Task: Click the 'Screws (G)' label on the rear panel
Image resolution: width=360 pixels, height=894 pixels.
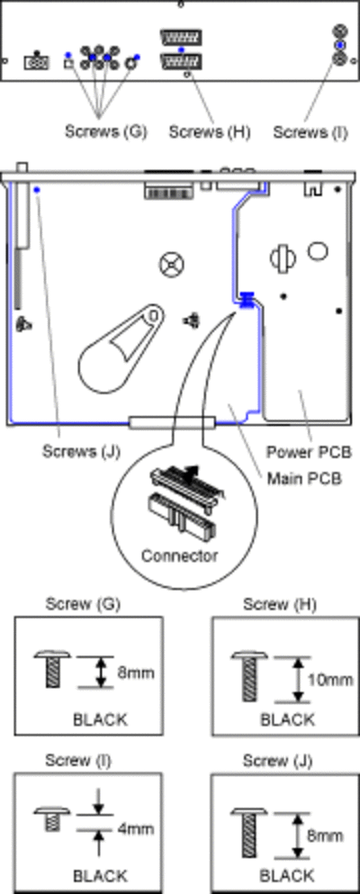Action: click(x=105, y=131)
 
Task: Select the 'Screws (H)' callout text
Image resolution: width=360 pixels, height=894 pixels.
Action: click(x=210, y=131)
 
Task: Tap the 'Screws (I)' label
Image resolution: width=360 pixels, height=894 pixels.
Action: click(x=310, y=131)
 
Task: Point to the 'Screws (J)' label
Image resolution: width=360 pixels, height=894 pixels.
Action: click(x=81, y=451)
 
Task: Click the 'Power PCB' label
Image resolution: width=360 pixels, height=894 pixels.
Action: click(x=305, y=452)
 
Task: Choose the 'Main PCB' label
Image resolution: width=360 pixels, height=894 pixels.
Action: click(x=304, y=478)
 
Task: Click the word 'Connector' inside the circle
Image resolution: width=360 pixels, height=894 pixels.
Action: click(x=179, y=555)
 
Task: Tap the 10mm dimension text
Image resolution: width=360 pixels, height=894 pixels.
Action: click(x=330, y=680)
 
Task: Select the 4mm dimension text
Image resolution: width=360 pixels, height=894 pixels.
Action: click(x=135, y=828)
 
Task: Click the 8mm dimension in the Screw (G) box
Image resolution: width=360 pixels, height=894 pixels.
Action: click(x=135, y=673)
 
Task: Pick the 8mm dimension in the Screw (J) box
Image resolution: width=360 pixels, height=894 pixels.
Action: click(x=325, y=835)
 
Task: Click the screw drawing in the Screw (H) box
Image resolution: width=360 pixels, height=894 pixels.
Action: click(x=249, y=677)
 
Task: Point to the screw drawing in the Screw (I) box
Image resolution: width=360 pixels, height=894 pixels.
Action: click(x=53, y=817)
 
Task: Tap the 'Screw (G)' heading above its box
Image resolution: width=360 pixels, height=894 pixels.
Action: click(x=83, y=604)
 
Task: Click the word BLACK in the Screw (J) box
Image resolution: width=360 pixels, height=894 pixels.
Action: click(x=287, y=874)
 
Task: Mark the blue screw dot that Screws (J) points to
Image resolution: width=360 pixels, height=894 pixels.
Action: click(x=37, y=189)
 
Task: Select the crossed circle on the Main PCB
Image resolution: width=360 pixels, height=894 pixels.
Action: click(x=172, y=265)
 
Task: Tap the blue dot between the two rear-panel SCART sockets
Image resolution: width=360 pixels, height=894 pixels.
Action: click(x=181, y=50)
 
